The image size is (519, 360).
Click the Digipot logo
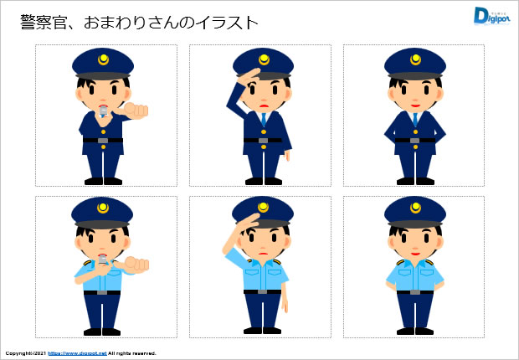point(491,16)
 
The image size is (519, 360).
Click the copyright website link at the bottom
point(77,353)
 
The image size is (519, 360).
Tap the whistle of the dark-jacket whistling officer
point(103,111)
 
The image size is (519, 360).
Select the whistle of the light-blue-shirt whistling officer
point(102,260)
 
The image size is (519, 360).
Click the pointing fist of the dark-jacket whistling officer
point(136,111)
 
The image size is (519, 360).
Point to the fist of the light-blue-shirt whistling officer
point(136,264)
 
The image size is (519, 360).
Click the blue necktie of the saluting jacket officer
point(264,119)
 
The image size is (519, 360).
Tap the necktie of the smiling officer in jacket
point(415,119)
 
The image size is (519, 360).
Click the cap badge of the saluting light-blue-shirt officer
point(264,208)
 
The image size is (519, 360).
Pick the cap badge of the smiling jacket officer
point(415,59)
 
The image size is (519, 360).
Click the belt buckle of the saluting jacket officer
point(263,141)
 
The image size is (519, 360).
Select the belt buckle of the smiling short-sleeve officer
point(414,292)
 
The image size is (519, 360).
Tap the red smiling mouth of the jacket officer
point(415,106)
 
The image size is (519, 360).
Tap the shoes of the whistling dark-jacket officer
point(103,181)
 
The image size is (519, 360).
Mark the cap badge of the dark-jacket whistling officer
point(103,59)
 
